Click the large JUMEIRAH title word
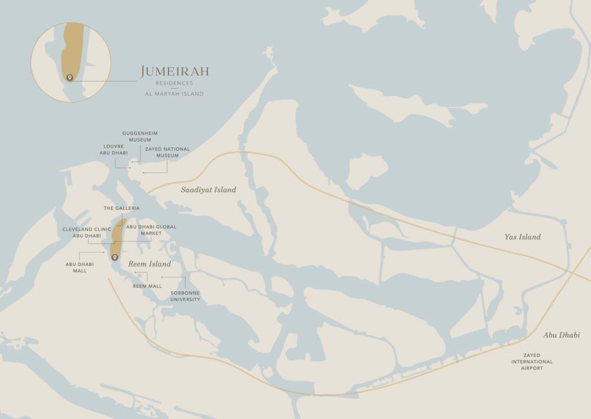tap(174, 72)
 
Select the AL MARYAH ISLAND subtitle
tap(174, 93)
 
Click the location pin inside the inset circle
tap(70, 77)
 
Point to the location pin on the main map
tap(115, 257)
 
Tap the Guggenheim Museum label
tap(140, 137)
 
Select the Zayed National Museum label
tap(167, 152)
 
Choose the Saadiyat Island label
tap(208, 190)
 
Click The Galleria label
tap(122, 208)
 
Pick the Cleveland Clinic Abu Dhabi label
tap(87, 232)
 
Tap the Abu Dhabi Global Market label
tap(151, 230)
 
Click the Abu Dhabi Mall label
tap(76, 267)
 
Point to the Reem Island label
tap(150, 264)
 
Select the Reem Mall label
tap(147, 286)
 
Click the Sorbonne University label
tap(185, 296)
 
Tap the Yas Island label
tap(522, 237)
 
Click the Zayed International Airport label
tap(532, 362)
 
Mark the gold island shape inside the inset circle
tap(72, 50)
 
